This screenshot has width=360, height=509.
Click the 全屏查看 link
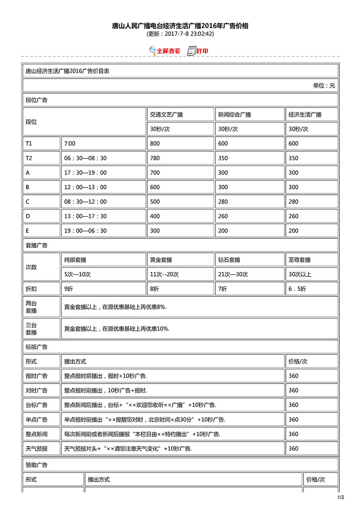[x=168, y=51]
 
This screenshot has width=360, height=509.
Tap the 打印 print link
[x=202, y=51]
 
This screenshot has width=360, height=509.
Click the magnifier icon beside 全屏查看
[x=153, y=50]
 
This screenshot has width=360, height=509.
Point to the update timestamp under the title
[x=180, y=34]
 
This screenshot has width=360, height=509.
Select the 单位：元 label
[x=324, y=85]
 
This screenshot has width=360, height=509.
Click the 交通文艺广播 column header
[x=166, y=115]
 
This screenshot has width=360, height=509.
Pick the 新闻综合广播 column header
[x=234, y=115]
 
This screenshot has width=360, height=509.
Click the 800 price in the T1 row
[x=155, y=143]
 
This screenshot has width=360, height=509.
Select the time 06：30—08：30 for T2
[x=85, y=158]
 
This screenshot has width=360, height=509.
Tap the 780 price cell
[x=155, y=158]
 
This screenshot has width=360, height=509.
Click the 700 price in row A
[x=155, y=173]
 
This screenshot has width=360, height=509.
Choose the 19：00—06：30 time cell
[x=85, y=231]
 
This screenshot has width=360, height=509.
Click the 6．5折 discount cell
[x=297, y=289]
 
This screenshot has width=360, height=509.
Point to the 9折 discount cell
[x=69, y=289]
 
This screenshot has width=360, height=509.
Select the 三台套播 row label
[x=31, y=329]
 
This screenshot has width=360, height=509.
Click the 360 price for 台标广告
[x=293, y=405]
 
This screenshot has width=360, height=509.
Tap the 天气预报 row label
[x=36, y=448]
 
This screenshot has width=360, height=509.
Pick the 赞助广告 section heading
[x=36, y=465]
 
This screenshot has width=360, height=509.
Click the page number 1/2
[x=341, y=497]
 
